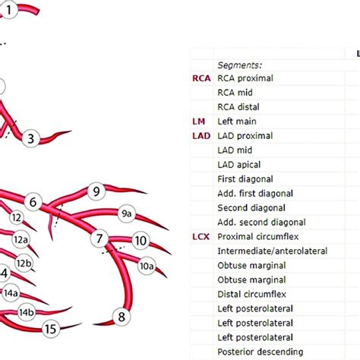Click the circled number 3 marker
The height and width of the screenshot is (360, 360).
(30, 138)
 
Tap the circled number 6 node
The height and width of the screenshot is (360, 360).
(33, 202)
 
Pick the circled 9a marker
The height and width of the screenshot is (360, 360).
(127, 214)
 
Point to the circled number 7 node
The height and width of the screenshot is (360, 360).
(99, 239)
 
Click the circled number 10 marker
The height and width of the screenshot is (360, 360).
(140, 241)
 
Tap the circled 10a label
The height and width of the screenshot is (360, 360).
(146, 267)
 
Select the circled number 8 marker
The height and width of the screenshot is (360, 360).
(120, 316)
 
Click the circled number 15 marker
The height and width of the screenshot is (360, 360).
(51, 329)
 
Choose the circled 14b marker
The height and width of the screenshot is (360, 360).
(26, 312)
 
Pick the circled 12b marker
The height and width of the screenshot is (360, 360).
(24, 264)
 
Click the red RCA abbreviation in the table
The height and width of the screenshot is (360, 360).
(201, 78)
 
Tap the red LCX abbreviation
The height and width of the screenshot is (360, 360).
(201, 237)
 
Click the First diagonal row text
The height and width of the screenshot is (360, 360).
(245, 179)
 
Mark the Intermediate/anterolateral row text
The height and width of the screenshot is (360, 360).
(272, 251)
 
